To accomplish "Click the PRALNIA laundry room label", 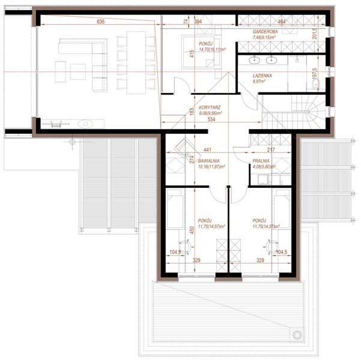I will pos(261,161).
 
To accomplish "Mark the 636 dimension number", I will pos(100,22).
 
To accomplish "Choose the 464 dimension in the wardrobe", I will pos(282,22).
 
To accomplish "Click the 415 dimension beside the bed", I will pos(191,54).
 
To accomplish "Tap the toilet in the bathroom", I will pos(318,84).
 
